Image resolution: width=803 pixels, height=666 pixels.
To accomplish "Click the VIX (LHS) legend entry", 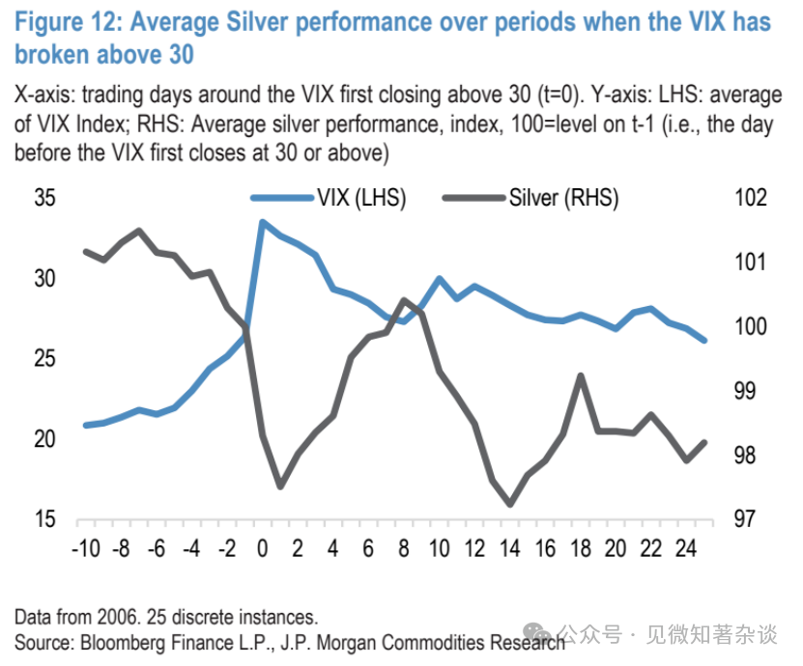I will [x=359, y=198].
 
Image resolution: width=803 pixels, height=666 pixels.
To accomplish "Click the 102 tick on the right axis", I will [x=750, y=198].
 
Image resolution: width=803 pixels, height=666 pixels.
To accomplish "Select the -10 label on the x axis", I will [x=85, y=549].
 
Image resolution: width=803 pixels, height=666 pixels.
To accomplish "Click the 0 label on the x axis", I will [x=262, y=549].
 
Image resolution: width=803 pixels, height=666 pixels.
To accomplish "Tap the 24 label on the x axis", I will [x=687, y=549].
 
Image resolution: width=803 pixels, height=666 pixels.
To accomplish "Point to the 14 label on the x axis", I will [x=509, y=549].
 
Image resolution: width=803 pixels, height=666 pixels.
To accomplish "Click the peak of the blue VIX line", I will [x=262, y=221].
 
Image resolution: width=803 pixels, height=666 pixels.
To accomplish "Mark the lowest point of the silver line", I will [x=509, y=504].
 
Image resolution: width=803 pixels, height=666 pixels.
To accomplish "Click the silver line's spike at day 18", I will [x=580, y=375].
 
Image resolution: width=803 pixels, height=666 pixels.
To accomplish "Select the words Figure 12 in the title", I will [x=69, y=21].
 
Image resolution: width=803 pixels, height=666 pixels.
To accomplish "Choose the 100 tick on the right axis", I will [x=750, y=327].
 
